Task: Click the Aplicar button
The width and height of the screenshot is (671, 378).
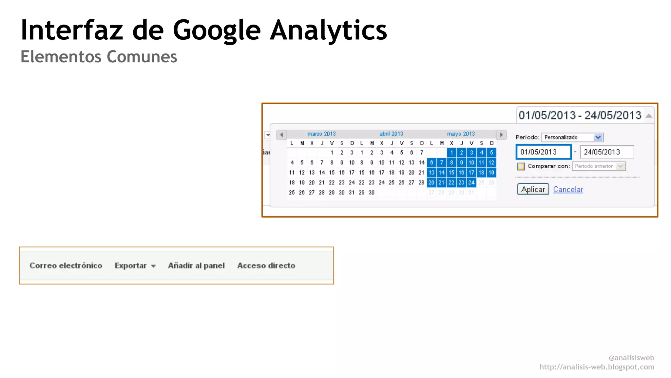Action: point(533,189)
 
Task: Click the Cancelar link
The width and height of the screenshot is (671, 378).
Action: point(568,190)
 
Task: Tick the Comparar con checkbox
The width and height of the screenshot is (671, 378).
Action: point(521,166)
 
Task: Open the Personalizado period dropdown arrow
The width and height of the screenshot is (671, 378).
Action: point(598,137)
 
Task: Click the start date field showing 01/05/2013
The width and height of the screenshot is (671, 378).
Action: point(543,152)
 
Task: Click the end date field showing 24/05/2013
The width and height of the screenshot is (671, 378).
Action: point(606,152)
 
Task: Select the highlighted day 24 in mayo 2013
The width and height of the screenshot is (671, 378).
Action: point(471,182)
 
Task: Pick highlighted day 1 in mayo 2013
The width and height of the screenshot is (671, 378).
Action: point(451,153)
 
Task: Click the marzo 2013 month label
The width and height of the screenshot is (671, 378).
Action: point(321,134)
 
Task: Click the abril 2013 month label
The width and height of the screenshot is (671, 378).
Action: point(391,134)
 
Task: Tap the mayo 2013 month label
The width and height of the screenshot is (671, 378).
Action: point(461,134)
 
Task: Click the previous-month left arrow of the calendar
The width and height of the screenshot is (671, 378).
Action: point(281,135)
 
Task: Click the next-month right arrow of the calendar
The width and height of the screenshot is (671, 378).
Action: point(501,135)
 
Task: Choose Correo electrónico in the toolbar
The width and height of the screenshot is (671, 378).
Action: point(66,265)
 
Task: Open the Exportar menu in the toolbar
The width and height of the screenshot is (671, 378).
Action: point(135,265)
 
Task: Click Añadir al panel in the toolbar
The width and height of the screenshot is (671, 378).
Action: point(196,265)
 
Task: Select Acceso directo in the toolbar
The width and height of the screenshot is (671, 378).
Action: point(266,265)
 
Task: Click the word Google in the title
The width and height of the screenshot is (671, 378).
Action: point(216,31)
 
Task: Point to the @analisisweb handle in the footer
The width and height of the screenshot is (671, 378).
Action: point(631,358)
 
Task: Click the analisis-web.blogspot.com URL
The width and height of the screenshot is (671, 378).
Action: point(597,367)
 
